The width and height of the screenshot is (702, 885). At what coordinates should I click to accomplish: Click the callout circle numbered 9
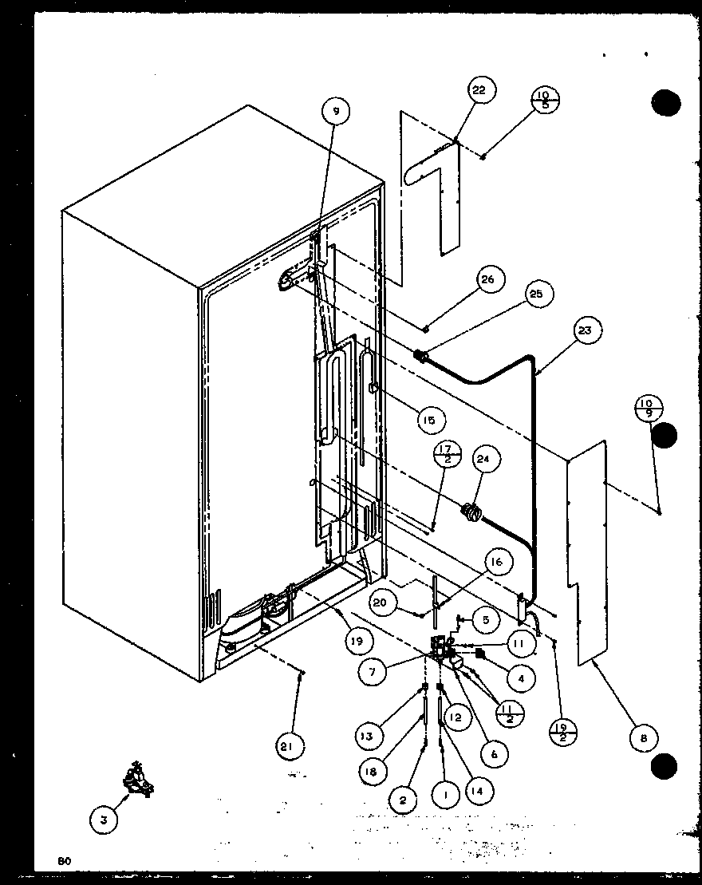[x=336, y=113]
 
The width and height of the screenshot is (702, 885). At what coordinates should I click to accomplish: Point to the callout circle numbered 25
[x=535, y=294]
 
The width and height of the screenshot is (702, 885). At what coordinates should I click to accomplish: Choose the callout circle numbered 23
[x=588, y=329]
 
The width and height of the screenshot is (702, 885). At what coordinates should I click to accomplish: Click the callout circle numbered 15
[x=431, y=420]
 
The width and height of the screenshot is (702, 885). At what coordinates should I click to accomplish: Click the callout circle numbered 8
[x=644, y=739]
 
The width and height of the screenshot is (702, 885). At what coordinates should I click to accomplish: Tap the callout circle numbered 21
[x=290, y=747]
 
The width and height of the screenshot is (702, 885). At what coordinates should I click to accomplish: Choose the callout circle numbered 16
[x=495, y=563]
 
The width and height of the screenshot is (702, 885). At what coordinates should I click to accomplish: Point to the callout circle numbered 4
[x=520, y=679]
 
